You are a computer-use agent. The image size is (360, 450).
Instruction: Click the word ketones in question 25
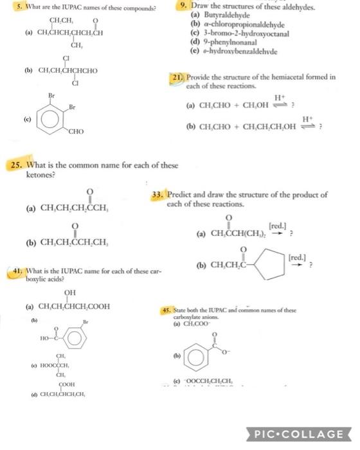pyautogui.click(x=41, y=174)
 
